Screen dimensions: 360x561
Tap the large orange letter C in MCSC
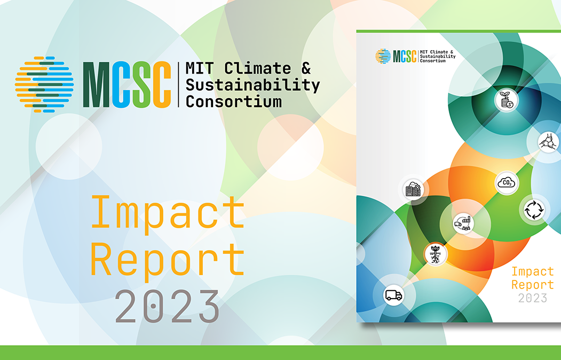[x=161, y=85]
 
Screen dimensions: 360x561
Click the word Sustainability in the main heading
[x=252, y=85]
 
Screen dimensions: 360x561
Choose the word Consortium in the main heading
[x=233, y=101]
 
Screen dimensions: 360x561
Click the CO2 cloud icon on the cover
[x=505, y=183]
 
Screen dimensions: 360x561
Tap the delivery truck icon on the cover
[x=393, y=295]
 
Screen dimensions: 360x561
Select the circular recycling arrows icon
[x=533, y=210]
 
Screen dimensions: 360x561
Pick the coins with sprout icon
[x=505, y=100]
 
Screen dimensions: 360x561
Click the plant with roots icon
[x=435, y=254]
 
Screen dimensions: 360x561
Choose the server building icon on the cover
[x=413, y=189]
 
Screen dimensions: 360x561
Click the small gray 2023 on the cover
[x=532, y=298]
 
